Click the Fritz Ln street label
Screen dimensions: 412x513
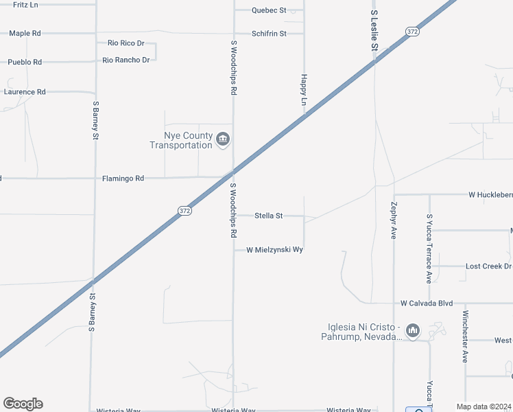[x=25, y=4]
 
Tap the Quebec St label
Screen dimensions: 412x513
[x=268, y=10]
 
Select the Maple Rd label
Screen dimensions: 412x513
[x=25, y=33]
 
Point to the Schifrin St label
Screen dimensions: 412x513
[x=268, y=33]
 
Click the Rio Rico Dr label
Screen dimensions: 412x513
[x=126, y=43]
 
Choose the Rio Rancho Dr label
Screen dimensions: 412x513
[x=126, y=60]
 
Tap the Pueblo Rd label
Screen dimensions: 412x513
[x=25, y=62]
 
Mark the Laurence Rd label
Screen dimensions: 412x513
[x=25, y=91]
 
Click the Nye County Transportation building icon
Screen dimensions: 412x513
[x=222, y=140]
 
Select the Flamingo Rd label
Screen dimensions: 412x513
[x=123, y=179]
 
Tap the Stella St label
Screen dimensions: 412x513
[x=268, y=216]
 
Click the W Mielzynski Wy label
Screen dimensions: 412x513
[x=274, y=250]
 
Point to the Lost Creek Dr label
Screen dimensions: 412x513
[x=488, y=266]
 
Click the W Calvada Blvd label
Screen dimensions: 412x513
[x=427, y=303]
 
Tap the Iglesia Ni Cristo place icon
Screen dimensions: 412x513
[x=412, y=331]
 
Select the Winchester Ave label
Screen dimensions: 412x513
[x=465, y=336]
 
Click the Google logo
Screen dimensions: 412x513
[x=23, y=404]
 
